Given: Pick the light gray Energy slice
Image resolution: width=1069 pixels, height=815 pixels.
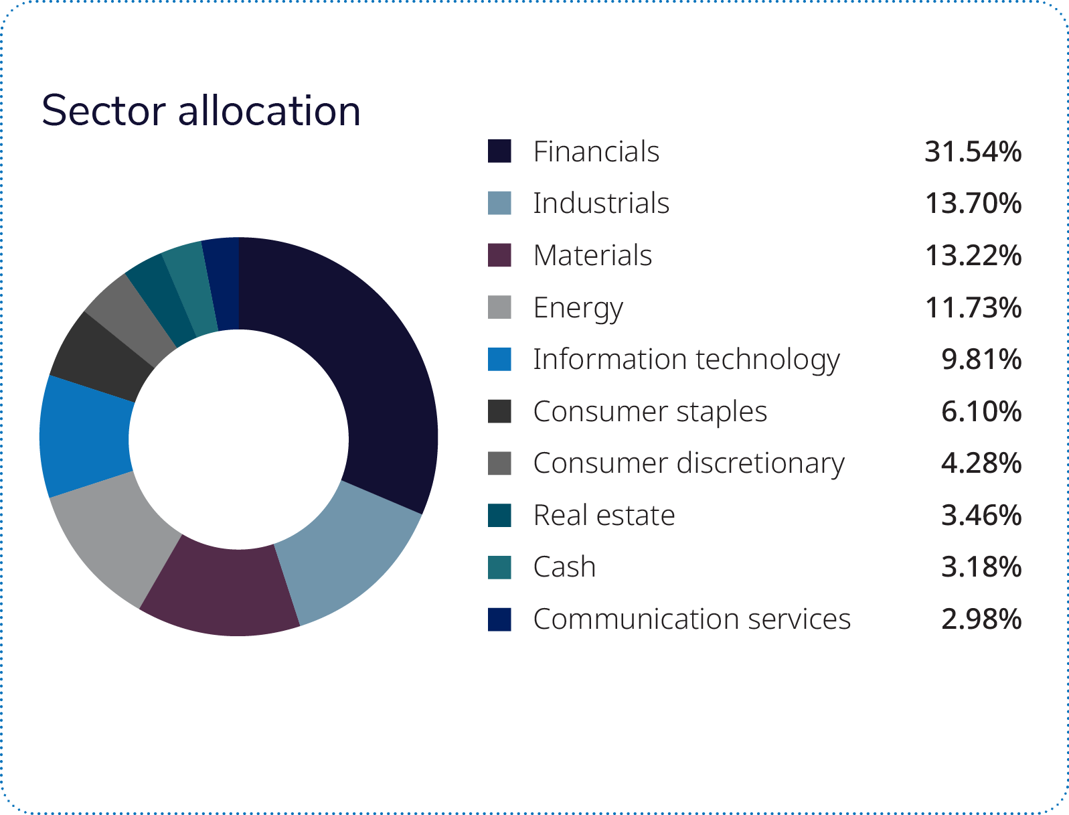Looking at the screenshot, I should pos(120,536).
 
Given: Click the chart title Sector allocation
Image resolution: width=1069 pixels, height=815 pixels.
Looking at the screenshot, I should pos(201,110).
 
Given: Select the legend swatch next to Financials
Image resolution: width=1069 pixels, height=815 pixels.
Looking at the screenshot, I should pos(499,151).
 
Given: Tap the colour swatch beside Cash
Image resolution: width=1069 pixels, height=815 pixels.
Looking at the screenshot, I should pos(499,567).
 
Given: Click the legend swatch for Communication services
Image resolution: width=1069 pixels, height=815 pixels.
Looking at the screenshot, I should pos(499,619).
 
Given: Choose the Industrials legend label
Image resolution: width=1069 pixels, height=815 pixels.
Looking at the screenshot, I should pos(600,204).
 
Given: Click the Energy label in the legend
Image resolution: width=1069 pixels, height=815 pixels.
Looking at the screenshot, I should pos(578,308).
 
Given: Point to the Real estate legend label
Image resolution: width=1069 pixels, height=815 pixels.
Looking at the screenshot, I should pos(604,516).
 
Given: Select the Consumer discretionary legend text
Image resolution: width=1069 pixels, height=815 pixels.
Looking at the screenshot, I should pos(688,463).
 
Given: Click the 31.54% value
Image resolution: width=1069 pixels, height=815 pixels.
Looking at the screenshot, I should pos(973,152).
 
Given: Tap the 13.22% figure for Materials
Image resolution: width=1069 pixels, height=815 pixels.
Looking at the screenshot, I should pos(973,256).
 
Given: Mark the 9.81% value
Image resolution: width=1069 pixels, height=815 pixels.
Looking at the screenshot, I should pos(981,360).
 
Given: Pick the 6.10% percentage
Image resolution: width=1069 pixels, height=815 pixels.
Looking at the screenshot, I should pos(981,412).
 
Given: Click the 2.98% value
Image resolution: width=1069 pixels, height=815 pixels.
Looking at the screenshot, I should pos(981,619).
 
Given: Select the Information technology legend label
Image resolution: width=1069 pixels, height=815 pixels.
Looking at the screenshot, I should pos(685,360).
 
